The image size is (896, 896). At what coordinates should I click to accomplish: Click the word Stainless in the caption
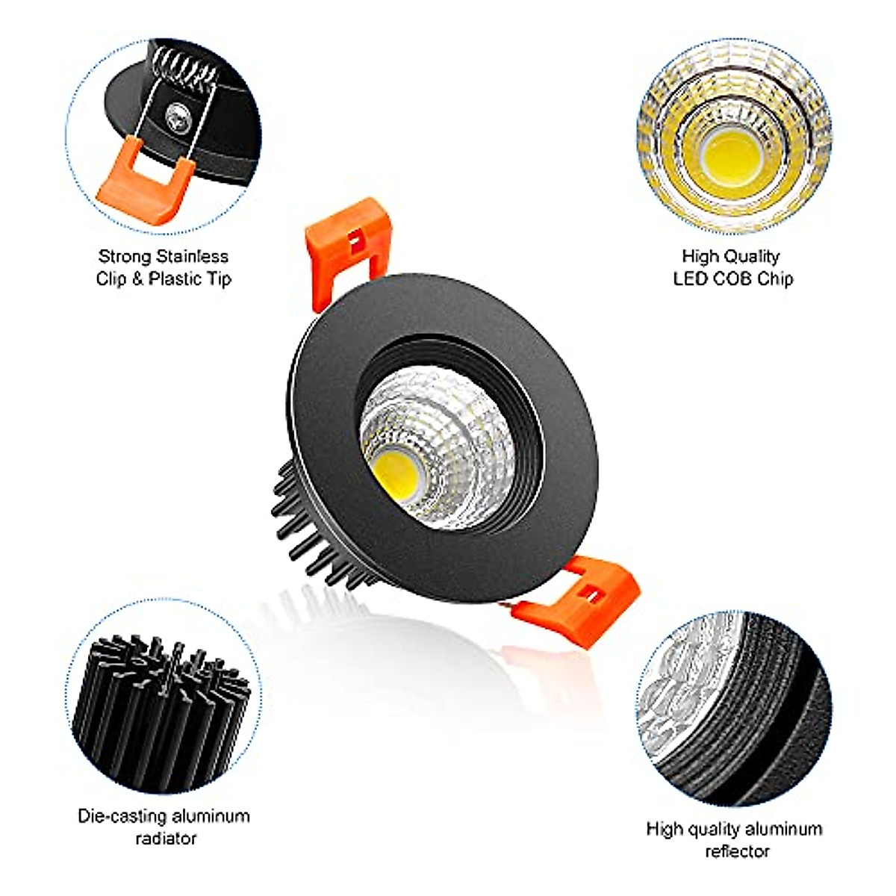point(192,256)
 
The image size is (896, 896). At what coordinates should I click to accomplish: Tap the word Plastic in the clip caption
point(172,279)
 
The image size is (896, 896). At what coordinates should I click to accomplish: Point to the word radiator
point(166,838)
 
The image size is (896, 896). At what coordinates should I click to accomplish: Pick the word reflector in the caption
point(737,851)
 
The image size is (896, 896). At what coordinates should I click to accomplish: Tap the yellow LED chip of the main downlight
point(395,468)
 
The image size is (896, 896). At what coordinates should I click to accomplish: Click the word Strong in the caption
point(124,256)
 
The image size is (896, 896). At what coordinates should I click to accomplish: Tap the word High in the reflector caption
point(664,829)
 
